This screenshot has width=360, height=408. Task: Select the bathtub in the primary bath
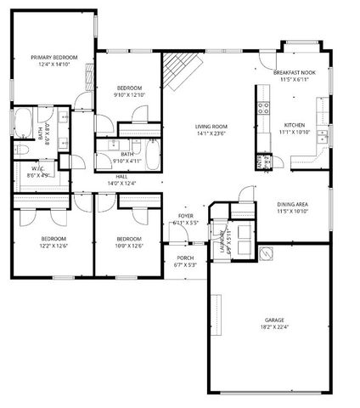tap(23, 124)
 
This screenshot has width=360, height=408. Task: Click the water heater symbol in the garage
tap(266, 252)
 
